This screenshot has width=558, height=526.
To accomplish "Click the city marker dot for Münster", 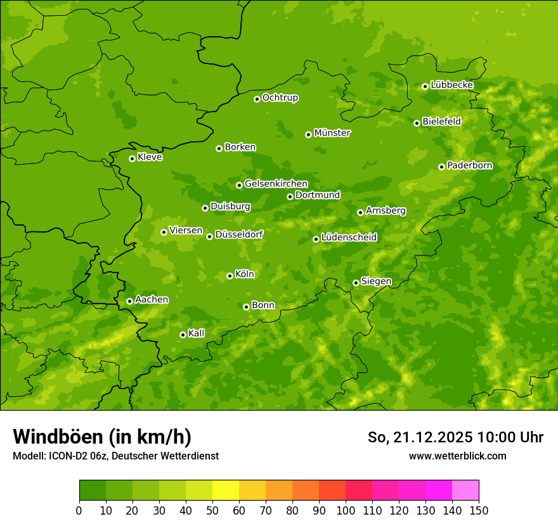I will point(309,134).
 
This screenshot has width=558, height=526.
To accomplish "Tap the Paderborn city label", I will point(469,165).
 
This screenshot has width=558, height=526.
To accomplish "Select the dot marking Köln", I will point(230,276).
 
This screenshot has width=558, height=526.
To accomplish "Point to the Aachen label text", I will point(152,300).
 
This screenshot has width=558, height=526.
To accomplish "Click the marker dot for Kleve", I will point(132,158).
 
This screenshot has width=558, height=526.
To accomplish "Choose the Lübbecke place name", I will point(451,85).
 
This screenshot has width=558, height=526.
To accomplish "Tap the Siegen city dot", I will point(356,283).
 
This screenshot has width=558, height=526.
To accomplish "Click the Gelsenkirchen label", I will point(276,184).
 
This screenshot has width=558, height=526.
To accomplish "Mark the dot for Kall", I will point(183,335).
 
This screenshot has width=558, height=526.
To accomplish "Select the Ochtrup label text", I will point(280,98).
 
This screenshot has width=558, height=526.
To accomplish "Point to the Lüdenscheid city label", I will point(349,238).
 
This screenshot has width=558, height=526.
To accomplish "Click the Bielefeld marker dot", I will point(417,123).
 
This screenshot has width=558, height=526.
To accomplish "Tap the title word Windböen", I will point(58,437).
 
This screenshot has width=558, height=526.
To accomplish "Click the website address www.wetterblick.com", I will point(457,456).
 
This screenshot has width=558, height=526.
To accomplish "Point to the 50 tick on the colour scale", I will point(212,510).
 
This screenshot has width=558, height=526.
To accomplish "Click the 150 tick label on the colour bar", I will point(479,510).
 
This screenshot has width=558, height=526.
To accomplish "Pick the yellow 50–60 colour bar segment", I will point(226,491).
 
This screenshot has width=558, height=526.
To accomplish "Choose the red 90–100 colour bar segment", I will point(332,491).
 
